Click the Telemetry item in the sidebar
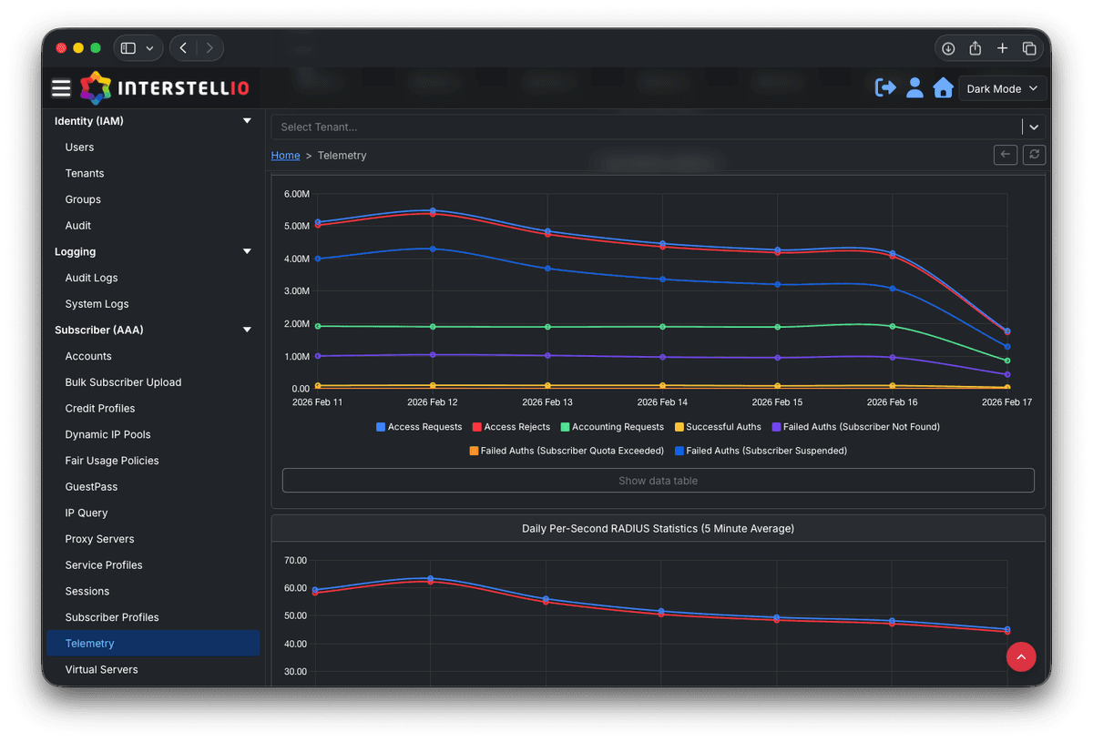[89, 644]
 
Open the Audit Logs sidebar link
[91, 278]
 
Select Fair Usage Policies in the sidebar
[111, 461]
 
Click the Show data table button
[658, 481]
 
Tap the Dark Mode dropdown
[1002, 89]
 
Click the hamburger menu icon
[61, 88]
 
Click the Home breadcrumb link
[285, 156]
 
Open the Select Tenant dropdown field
[647, 127]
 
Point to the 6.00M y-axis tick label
[297, 194]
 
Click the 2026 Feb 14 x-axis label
[662, 401]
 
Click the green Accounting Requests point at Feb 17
[1006, 361]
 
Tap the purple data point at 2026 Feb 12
[433, 354]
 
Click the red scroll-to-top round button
[1021, 656]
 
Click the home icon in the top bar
[943, 88]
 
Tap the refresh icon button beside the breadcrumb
[1034, 155]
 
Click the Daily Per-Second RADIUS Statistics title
[658, 528]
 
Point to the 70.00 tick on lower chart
[297, 560]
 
